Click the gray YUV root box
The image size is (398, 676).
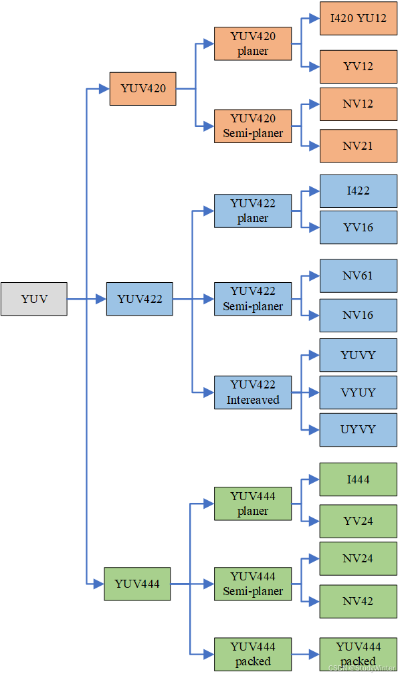33,299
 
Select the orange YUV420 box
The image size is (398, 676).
142,88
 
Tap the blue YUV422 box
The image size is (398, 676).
139,299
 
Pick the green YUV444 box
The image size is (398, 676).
136,584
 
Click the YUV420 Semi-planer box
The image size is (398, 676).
253,126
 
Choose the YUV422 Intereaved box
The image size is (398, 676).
253,392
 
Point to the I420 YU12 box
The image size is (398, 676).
358,19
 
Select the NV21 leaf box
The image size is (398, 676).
358,146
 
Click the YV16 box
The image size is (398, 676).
358,227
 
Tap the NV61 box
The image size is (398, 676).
358,275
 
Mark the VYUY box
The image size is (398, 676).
358,392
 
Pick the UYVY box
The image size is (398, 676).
358,429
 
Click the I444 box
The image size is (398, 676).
358,479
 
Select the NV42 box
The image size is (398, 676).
358,601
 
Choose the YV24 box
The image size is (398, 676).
358,521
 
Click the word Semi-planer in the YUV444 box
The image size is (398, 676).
253,591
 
